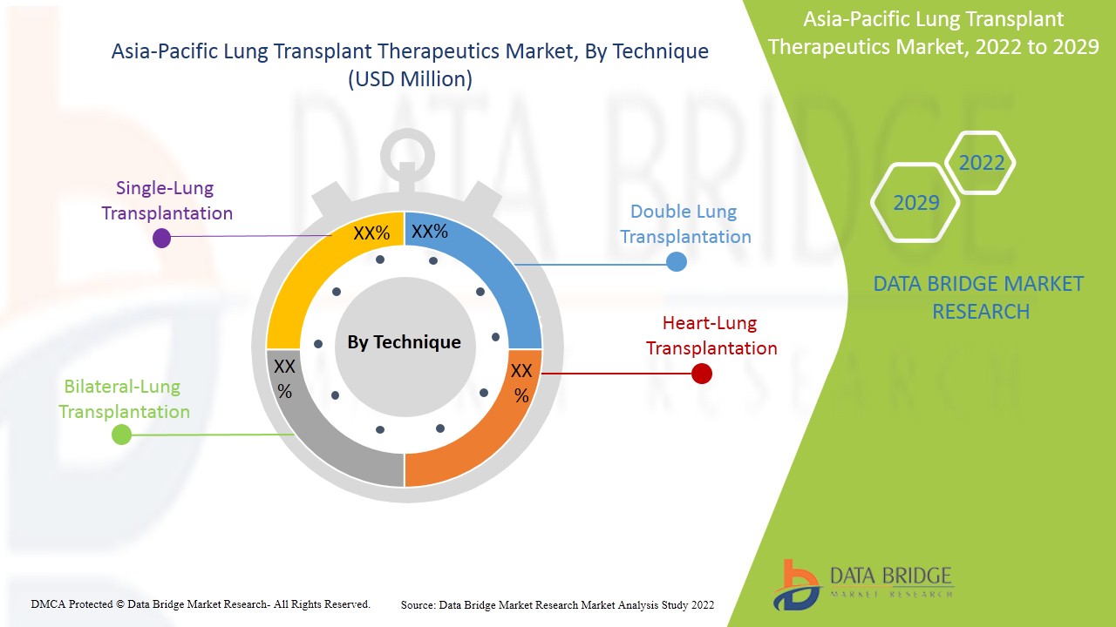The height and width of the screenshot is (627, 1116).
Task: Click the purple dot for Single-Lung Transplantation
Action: pyautogui.click(x=161, y=238)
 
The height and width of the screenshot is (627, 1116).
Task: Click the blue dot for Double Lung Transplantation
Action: pyautogui.click(x=676, y=261)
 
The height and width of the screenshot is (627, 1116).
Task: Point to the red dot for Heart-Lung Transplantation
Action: pyautogui.click(x=701, y=374)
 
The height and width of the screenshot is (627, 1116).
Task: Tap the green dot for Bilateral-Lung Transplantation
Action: pyautogui.click(x=121, y=435)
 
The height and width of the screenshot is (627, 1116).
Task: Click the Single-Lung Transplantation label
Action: pyautogui.click(x=167, y=200)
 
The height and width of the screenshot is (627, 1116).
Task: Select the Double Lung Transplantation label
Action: pyautogui.click(x=685, y=224)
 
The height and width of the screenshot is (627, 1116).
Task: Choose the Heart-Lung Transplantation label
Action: pyautogui.click(x=711, y=335)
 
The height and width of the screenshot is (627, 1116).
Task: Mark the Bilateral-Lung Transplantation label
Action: pyautogui.click(x=124, y=399)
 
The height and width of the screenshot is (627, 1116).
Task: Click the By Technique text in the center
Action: pyautogui.click(x=404, y=342)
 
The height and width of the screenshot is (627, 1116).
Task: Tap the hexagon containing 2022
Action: pyautogui.click(x=981, y=163)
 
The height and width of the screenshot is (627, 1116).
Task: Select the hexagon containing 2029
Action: pyautogui.click(x=915, y=203)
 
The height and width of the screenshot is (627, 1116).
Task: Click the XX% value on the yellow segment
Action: pyautogui.click(x=371, y=233)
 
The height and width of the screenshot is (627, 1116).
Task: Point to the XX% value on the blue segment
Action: pyautogui.click(x=429, y=232)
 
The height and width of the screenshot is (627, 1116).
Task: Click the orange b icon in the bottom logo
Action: pyautogui.click(x=795, y=583)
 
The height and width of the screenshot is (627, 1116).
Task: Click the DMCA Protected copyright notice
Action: pyautogui.click(x=201, y=603)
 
